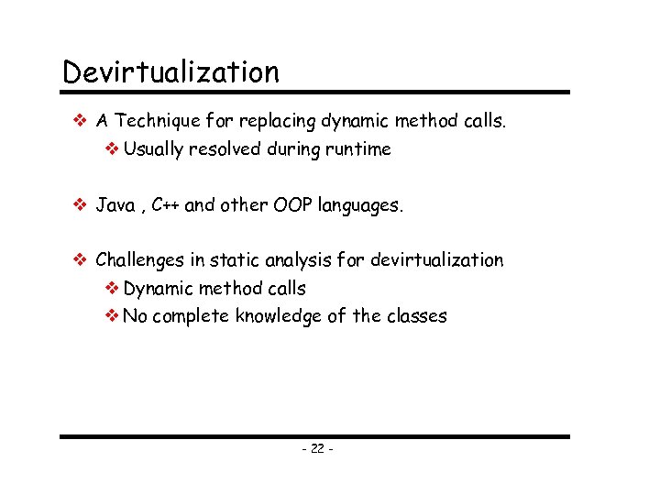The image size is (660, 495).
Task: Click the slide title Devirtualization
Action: tap(170, 71)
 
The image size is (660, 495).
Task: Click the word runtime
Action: tap(359, 149)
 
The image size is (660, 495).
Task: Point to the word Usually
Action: tap(153, 149)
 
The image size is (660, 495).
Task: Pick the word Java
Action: tap(115, 205)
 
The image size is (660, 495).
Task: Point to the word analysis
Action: tap(292, 261)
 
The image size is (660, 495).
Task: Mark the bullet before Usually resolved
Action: tap(112, 148)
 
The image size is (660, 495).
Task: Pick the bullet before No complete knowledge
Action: tap(112, 316)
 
